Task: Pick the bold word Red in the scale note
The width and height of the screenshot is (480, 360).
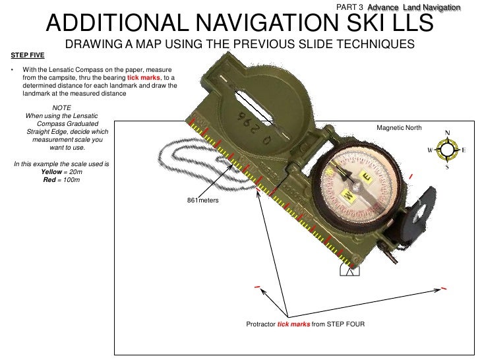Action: click(x=49, y=179)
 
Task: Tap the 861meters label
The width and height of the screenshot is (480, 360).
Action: click(x=203, y=199)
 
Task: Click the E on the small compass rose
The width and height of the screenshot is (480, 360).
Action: click(x=464, y=150)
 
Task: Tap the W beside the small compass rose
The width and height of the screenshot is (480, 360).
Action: click(x=431, y=150)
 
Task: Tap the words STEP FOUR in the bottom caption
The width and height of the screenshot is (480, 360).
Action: click(x=346, y=325)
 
